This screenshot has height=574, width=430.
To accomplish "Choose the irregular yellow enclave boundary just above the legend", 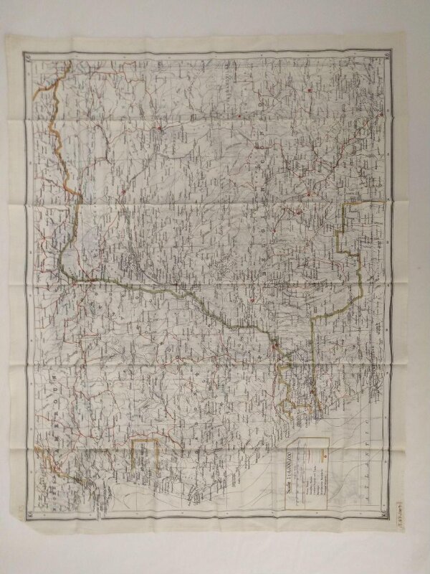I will [294, 387].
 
